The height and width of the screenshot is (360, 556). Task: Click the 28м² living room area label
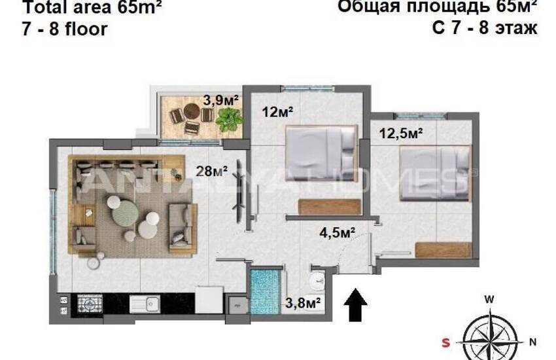point(212,171)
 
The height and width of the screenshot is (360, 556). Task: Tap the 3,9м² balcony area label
point(220,100)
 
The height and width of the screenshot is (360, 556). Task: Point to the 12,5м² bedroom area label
point(401,134)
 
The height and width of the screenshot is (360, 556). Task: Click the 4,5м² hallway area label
point(337,232)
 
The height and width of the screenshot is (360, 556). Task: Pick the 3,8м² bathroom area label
point(304,302)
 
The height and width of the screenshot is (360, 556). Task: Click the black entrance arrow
point(356,305)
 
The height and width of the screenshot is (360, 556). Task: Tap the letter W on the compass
point(489,299)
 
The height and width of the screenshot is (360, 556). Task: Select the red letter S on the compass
point(446,341)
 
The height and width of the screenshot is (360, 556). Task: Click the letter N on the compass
point(532,341)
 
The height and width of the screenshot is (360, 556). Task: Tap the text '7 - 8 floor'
point(64,29)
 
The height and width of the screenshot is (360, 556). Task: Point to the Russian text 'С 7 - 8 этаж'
point(485,29)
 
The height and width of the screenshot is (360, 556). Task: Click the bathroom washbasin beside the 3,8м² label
point(317,280)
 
